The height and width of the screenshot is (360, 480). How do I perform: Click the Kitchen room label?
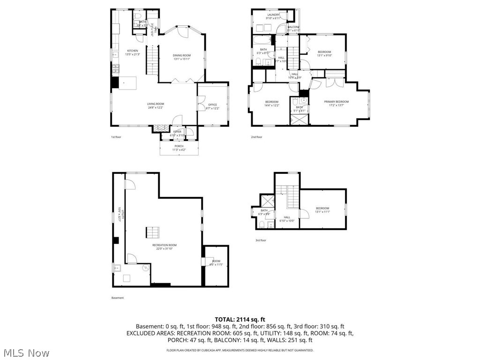click(x=133, y=51)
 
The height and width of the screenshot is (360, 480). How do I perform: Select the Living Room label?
click(x=156, y=104)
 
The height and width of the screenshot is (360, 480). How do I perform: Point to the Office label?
click(x=212, y=105)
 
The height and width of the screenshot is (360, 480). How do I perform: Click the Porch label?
click(x=179, y=146)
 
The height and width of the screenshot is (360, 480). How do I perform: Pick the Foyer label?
click(x=177, y=132)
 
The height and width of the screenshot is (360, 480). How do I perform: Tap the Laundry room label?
click(x=273, y=15)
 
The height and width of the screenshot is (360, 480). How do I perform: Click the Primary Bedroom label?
click(x=336, y=102)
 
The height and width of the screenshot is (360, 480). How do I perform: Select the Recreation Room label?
click(x=164, y=245)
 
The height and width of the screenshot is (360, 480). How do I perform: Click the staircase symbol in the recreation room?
click(x=153, y=232)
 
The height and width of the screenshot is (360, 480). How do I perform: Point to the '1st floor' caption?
click(x=116, y=137)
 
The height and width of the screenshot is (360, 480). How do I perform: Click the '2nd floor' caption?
click(x=256, y=137)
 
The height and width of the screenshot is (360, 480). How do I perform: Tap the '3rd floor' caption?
click(x=261, y=240)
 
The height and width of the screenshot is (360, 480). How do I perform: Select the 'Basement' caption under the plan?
click(x=118, y=298)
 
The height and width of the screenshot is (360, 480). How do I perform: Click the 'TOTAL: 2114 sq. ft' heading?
click(x=240, y=319)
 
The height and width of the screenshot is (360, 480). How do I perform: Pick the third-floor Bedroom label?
click(x=322, y=209)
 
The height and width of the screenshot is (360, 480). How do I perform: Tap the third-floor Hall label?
click(x=287, y=217)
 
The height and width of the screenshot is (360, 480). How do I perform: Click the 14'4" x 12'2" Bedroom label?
click(x=272, y=102)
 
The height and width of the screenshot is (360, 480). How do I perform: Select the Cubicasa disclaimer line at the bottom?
click(x=240, y=350)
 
